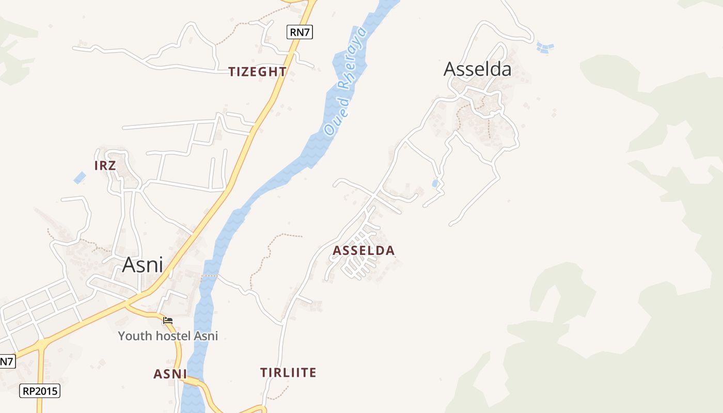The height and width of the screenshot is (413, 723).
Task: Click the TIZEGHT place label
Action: coord(257,72)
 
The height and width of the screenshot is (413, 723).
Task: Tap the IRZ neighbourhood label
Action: coord(105,165)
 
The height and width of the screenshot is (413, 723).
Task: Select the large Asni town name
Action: coord(143,265)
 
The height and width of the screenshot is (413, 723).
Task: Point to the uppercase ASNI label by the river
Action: coord(170,374)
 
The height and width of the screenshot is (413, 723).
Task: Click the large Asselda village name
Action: coord(477,69)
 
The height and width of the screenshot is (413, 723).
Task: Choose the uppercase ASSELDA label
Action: coord(364,251)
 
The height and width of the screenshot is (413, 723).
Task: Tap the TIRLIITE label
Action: coord(288,372)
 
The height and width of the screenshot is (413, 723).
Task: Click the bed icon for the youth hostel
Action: coord(168,321)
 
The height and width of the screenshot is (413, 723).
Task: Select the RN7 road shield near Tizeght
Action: coord(300,32)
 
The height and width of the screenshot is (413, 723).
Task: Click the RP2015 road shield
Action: coord(40,391)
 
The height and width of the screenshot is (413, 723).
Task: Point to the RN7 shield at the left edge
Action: coord(7,361)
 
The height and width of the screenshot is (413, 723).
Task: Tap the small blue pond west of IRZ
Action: coord(80,178)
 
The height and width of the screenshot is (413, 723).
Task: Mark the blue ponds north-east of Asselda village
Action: coord(545,48)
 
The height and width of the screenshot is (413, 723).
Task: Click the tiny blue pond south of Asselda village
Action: coord(435,183)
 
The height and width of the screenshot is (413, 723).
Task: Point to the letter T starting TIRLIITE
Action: coord(264,372)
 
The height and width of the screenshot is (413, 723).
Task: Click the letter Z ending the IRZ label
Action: coord(112,165)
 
